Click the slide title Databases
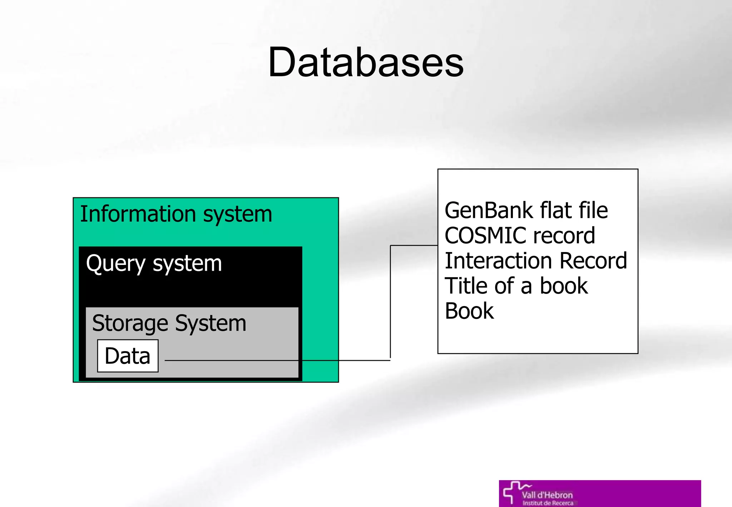coord(366,63)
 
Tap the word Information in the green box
coord(138,214)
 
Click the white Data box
coord(128,356)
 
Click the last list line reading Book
coord(469,311)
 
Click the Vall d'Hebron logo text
coord(547,495)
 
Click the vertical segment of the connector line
coord(390,302)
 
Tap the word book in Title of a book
coord(563,286)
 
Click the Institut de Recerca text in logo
coord(548,503)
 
